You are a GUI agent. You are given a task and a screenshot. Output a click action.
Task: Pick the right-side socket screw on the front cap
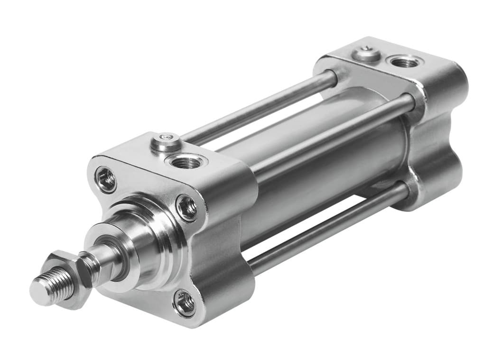tap(186, 208)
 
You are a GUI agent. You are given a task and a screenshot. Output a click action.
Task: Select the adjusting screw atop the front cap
tap(166, 141)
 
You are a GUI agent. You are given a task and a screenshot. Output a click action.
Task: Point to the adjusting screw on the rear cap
tap(367, 53)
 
